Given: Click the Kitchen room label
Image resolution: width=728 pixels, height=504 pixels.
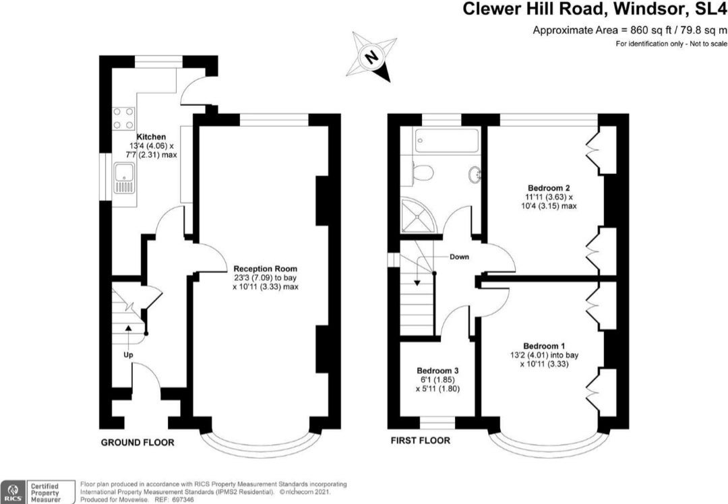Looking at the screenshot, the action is pyautogui.click(x=151, y=137).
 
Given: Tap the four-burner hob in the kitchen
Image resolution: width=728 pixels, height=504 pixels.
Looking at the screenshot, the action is pyautogui.click(x=123, y=118).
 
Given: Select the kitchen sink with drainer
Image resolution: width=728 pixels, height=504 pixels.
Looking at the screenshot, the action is pyautogui.click(x=123, y=178).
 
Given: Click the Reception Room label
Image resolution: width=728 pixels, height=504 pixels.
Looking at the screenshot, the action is pyautogui.click(x=265, y=269).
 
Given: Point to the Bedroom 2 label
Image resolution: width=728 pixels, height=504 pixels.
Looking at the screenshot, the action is pyautogui.click(x=549, y=188).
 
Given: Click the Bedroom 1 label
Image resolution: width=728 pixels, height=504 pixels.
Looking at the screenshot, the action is pyautogui.click(x=544, y=346).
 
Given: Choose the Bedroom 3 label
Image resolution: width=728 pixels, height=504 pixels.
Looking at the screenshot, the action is pyautogui.click(x=438, y=371).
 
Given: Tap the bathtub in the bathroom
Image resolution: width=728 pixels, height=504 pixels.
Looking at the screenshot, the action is pyautogui.click(x=447, y=141).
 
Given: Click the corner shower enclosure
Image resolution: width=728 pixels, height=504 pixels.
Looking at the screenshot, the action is pyautogui.click(x=419, y=215).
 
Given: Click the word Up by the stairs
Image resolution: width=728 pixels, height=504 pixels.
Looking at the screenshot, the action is pyautogui.click(x=128, y=355).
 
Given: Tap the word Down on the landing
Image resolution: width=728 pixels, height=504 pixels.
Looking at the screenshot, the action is pyautogui.click(x=459, y=257).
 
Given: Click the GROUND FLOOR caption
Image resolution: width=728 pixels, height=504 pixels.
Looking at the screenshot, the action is pyautogui.click(x=138, y=443).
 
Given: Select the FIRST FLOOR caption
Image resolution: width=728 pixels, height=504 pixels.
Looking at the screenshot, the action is pyautogui.click(x=421, y=441).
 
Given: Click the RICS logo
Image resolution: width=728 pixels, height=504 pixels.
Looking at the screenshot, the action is pyautogui.click(x=13, y=492).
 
